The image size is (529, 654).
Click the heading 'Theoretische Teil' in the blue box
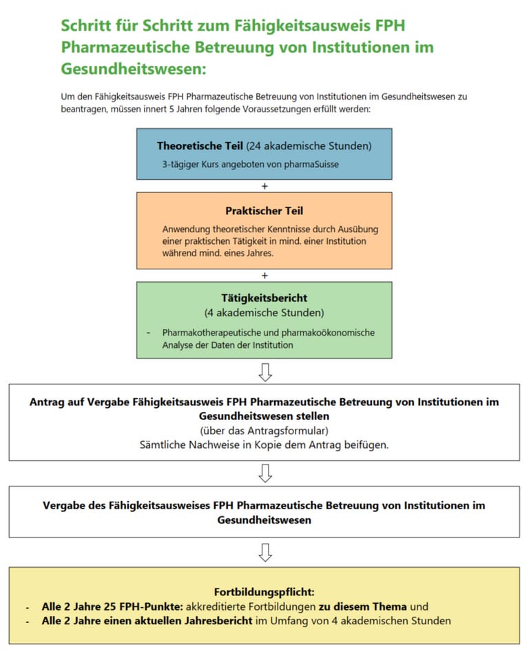(200, 146)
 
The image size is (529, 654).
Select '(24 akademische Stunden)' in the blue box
(309, 146)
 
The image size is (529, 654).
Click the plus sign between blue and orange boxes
(264, 186)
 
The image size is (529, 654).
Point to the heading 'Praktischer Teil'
(264, 211)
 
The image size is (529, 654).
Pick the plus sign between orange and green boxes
(264, 275)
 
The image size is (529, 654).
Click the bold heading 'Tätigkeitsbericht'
(264, 299)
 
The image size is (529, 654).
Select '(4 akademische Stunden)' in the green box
(264, 314)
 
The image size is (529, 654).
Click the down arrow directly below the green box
(264, 371)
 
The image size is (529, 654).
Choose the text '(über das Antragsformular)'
(264, 431)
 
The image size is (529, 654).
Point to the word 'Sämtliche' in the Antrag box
(160, 444)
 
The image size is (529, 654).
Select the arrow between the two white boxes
(264, 473)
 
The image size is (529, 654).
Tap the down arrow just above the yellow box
(264, 552)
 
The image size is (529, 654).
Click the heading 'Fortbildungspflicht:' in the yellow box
(264, 592)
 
